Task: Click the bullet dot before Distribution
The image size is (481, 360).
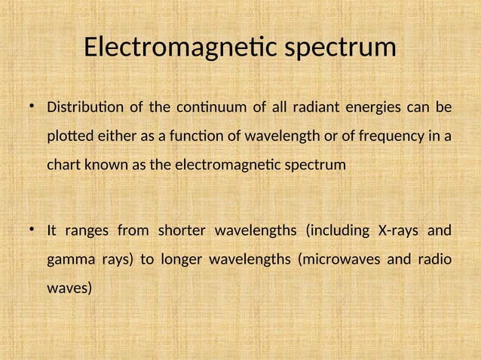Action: tap(32, 107)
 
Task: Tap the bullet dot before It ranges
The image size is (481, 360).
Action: tap(32, 230)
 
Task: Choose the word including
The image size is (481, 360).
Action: tap(335, 230)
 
